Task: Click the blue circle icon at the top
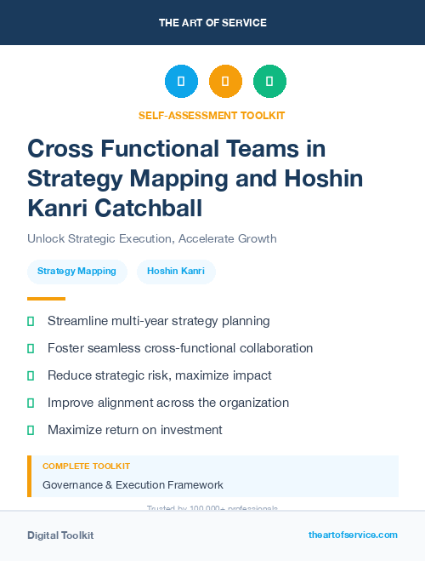(x=181, y=82)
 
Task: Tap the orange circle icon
(x=225, y=82)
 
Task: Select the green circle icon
(x=269, y=82)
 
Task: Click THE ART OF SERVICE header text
(x=212, y=23)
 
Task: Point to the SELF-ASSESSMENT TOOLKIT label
(x=212, y=115)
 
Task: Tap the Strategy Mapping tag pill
(x=76, y=272)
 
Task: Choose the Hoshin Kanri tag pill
(x=176, y=272)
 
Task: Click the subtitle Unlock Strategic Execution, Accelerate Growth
(x=151, y=238)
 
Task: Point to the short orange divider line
(x=46, y=299)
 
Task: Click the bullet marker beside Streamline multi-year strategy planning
(x=31, y=322)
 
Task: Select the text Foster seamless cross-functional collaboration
(x=180, y=348)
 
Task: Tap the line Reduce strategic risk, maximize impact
(x=159, y=375)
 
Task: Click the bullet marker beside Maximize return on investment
(x=31, y=431)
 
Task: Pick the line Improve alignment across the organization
(x=168, y=403)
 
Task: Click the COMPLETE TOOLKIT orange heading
(x=86, y=467)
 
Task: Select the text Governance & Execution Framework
(x=133, y=485)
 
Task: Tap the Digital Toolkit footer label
(x=60, y=535)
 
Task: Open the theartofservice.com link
(x=353, y=535)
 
